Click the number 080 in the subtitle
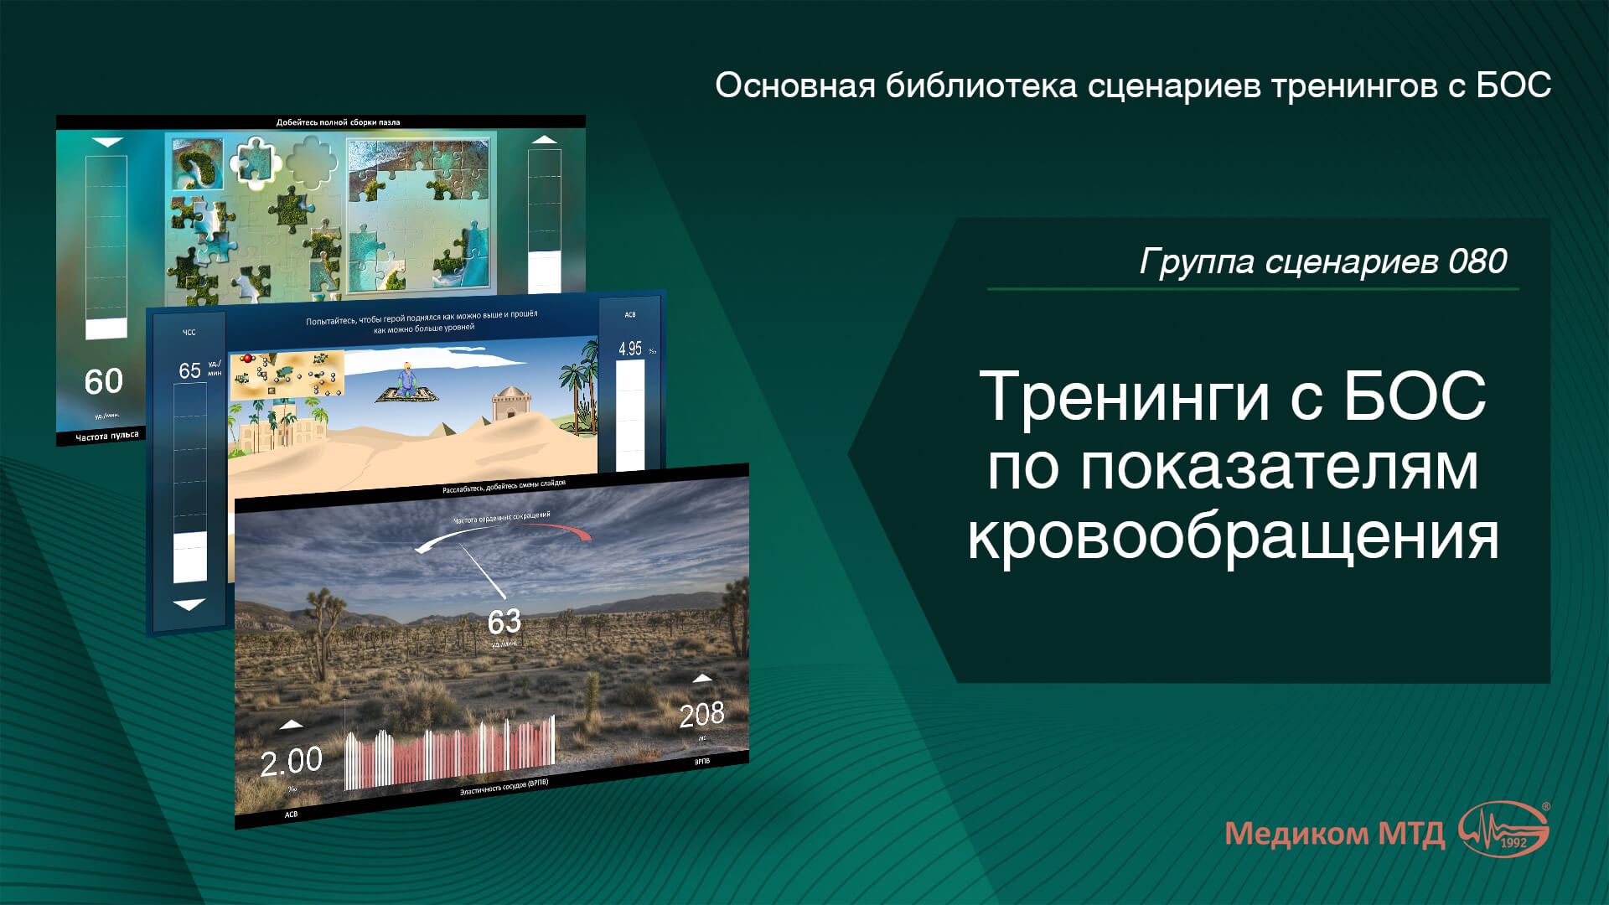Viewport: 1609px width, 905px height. click(x=1477, y=261)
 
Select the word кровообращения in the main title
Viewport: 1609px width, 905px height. click(x=1233, y=536)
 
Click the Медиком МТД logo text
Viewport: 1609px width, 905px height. click(x=1334, y=834)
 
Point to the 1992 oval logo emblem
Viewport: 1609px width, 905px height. click(x=1505, y=830)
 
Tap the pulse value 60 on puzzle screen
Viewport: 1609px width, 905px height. click(x=104, y=382)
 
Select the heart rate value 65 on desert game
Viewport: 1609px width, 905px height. click(x=190, y=370)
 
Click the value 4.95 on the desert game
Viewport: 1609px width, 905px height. click(x=630, y=349)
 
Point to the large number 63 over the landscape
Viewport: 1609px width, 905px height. click(x=504, y=622)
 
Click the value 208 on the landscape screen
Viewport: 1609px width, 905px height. click(x=701, y=715)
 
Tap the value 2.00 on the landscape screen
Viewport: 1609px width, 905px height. click(x=291, y=762)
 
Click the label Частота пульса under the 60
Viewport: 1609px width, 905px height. click(x=106, y=437)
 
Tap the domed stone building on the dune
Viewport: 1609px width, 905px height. click(x=511, y=403)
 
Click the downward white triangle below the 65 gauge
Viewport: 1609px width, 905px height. click(x=189, y=604)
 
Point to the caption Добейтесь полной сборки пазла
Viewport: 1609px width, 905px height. click(x=338, y=122)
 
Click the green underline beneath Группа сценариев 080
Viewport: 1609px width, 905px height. click(x=1252, y=289)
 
